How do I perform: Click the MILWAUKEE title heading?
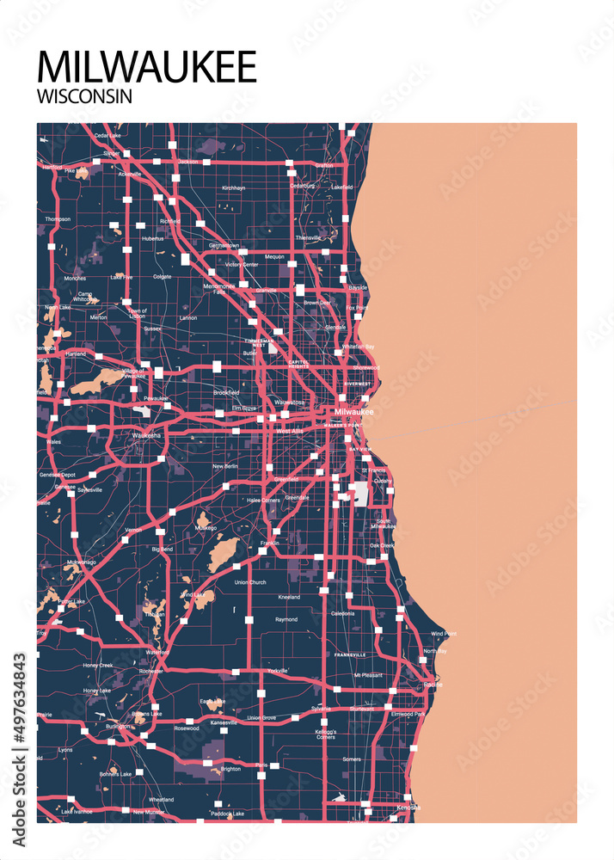(x=147, y=67)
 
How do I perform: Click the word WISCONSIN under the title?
(x=84, y=96)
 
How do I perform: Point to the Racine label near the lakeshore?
(x=433, y=685)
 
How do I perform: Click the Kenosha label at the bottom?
(x=408, y=807)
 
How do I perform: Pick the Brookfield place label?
(x=226, y=392)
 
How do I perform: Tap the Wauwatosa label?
(x=290, y=402)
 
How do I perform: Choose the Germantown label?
(x=224, y=245)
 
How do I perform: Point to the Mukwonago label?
(x=81, y=562)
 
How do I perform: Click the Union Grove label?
(x=261, y=717)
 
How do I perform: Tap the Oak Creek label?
(x=381, y=545)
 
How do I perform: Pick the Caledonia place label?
(x=342, y=614)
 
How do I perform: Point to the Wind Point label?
(x=444, y=634)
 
